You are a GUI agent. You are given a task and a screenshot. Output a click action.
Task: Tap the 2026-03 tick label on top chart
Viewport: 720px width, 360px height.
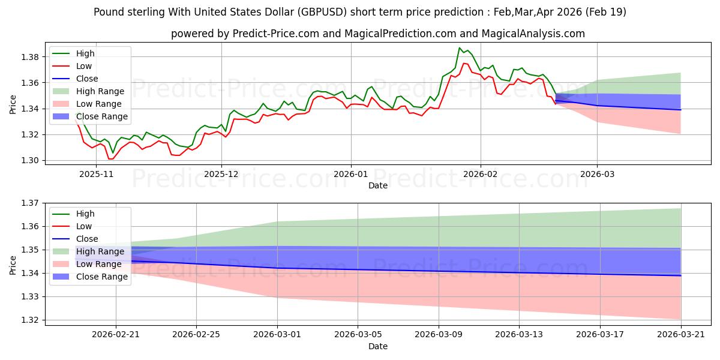(597, 174)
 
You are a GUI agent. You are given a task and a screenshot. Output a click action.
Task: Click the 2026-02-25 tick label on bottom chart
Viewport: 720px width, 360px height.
(197, 334)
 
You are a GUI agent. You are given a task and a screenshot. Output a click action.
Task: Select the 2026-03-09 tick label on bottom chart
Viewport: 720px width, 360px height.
(439, 334)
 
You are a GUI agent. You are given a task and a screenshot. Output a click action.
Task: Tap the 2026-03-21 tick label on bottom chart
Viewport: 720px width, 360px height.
(680, 334)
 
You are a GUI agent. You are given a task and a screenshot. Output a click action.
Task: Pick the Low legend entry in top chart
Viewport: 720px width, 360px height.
(84, 66)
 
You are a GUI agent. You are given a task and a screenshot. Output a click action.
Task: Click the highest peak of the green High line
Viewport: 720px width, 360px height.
(460, 48)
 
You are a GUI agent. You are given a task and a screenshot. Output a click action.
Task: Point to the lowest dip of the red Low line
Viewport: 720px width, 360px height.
(110, 159)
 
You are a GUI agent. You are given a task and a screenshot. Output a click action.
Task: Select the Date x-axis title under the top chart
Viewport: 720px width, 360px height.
(378, 185)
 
